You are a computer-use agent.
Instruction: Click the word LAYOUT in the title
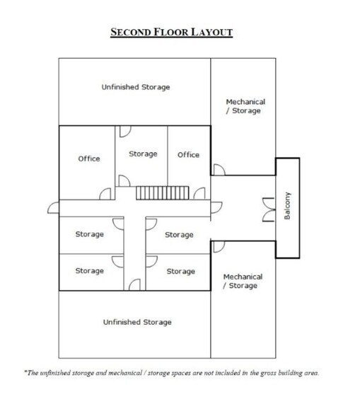[212, 32]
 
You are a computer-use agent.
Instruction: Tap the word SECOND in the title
[131, 32]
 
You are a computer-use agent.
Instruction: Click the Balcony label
[287, 206]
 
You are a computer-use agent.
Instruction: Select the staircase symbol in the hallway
[163, 193]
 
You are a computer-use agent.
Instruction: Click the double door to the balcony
[269, 209]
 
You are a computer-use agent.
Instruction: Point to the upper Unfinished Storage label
[136, 87]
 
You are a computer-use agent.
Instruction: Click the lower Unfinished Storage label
[137, 322]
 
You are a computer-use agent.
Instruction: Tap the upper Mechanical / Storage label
[245, 106]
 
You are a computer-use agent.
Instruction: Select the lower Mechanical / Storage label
[243, 282]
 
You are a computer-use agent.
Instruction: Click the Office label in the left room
[89, 158]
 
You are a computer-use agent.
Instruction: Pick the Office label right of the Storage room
[188, 155]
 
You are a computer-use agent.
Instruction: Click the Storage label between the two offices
[143, 154]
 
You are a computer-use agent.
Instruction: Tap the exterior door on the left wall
[53, 208]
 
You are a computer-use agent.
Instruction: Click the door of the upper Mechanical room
[219, 170]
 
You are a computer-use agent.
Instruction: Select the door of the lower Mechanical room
[219, 247]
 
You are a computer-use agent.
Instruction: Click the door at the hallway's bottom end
[134, 284]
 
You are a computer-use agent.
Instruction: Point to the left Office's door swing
[105, 194]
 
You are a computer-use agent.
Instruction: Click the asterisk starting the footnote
[25, 371]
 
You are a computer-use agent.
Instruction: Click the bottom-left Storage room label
[89, 271]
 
